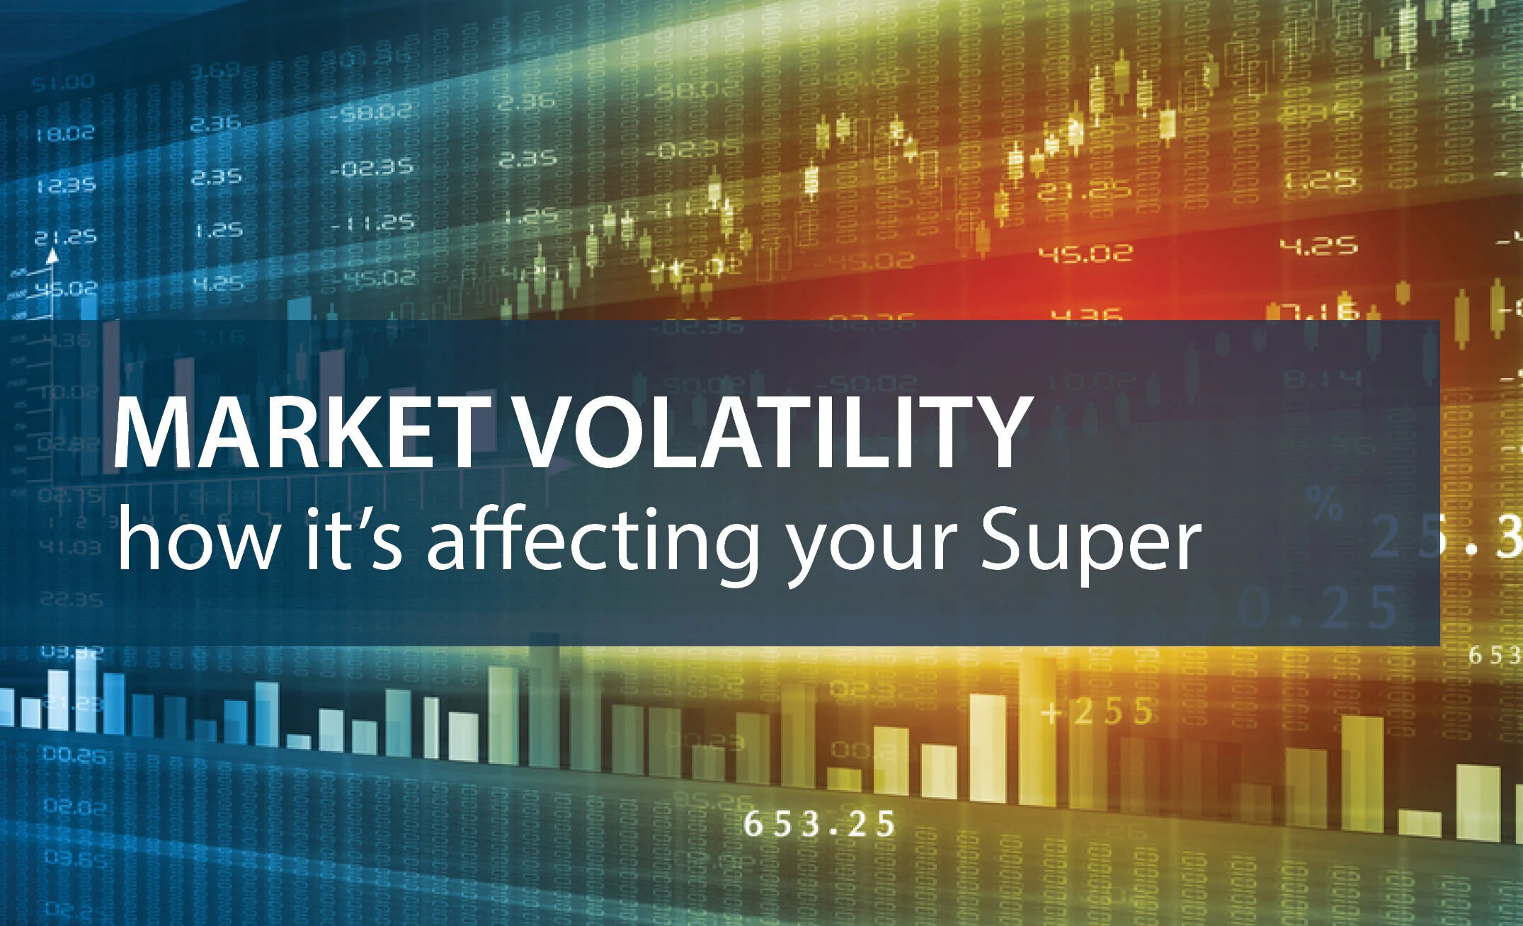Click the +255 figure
point(1097,712)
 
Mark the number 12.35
point(65,185)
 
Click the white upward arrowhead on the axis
point(51,256)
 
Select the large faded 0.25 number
point(1317,607)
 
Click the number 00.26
point(74,755)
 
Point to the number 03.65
point(75,859)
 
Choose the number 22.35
point(71,600)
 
